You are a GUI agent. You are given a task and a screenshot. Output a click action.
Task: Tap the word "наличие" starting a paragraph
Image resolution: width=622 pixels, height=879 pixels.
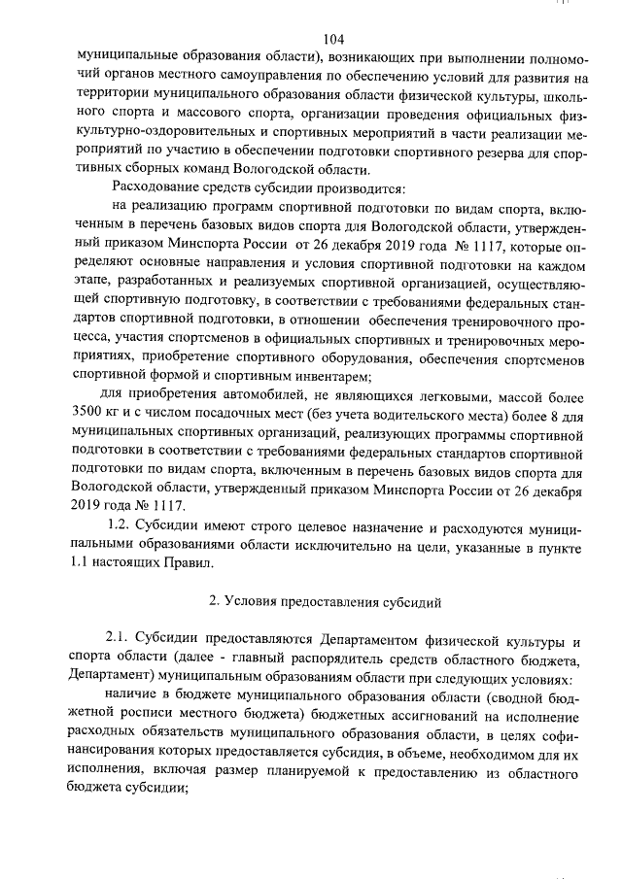(x=138, y=698)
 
